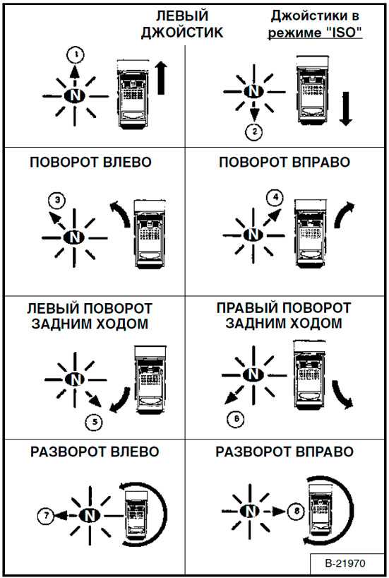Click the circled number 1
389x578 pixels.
click(x=76, y=55)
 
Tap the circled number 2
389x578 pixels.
click(x=253, y=131)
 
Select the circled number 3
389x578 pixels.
click(x=56, y=201)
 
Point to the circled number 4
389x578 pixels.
click(x=275, y=197)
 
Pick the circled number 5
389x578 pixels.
click(x=94, y=421)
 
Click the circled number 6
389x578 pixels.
click(x=235, y=419)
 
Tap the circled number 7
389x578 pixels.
click(x=46, y=515)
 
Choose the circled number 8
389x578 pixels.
click(x=297, y=512)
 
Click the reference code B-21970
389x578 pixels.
click(x=345, y=563)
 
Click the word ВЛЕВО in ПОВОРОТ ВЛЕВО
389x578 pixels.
click(x=128, y=163)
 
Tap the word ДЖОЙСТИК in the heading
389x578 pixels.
click(x=182, y=33)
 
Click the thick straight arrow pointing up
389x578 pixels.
click(x=161, y=78)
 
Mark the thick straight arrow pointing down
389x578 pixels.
click(x=345, y=109)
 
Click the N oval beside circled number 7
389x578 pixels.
click(x=90, y=515)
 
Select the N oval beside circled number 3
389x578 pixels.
click(x=74, y=237)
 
